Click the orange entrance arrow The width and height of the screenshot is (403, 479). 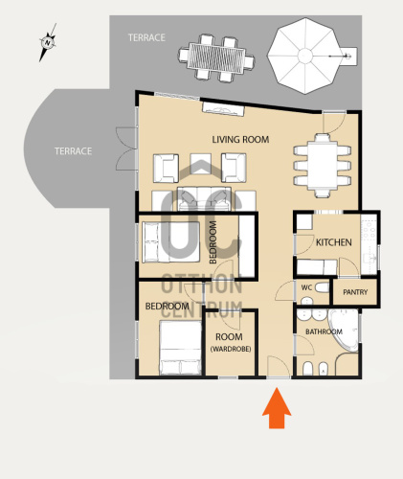point(277,408)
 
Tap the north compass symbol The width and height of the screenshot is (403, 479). point(48,42)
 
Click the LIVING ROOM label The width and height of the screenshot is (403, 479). point(240,140)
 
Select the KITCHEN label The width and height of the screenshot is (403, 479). point(334,242)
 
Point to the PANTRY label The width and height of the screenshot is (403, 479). point(355,292)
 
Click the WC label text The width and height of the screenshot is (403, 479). point(306,287)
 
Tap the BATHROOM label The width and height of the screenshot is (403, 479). point(324,331)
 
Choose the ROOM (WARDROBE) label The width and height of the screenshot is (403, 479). point(231,343)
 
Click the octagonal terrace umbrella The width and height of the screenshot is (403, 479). point(305,56)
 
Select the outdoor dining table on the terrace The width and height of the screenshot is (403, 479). point(216,57)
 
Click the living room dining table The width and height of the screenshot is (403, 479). point(323,166)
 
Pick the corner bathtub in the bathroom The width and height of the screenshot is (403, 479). point(344,330)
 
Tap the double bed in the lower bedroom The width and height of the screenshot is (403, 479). point(181,348)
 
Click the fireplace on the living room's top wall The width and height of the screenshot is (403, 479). point(223,109)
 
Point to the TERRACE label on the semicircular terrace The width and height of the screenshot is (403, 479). point(73,151)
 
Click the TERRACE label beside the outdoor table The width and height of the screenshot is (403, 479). point(146,37)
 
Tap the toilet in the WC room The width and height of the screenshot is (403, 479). point(322,287)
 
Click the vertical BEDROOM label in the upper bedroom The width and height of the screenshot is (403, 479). point(213,242)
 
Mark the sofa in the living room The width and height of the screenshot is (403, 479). point(204,199)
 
